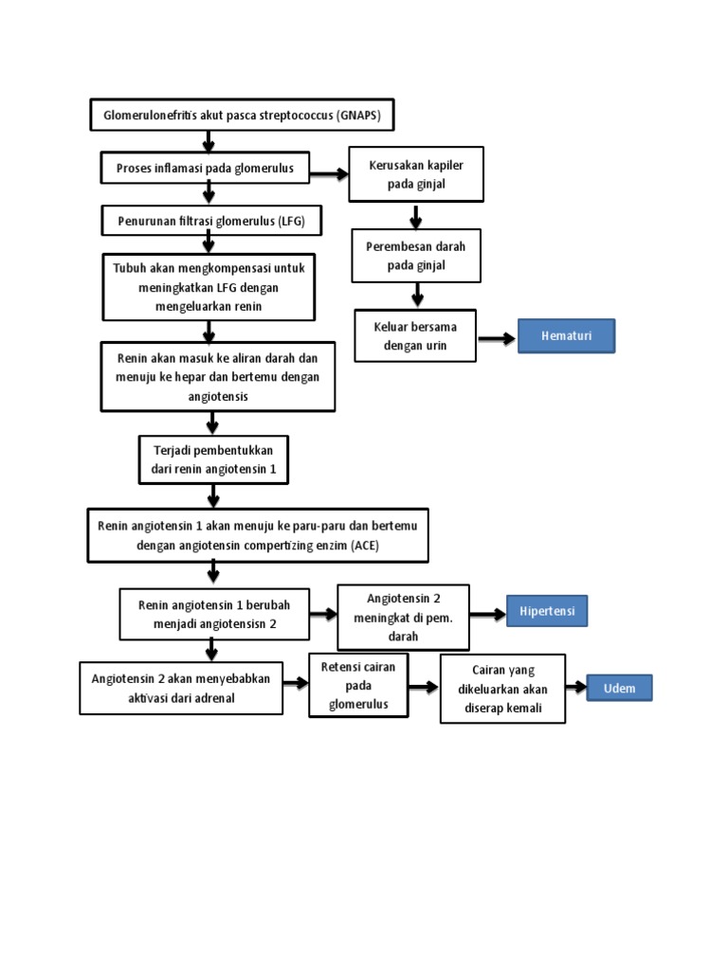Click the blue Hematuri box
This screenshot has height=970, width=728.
click(x=566, y=336)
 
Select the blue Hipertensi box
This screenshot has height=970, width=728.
click(x=547, y=612)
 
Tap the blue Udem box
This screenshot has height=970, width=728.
click(x=620, y=689)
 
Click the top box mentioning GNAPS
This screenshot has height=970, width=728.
click(x=242, y=116)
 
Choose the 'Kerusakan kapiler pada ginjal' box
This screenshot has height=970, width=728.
click(x=416, y=174)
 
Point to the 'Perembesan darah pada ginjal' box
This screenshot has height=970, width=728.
click(x=416, y=256)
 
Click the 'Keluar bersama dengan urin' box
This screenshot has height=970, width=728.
click(x=415, y=336)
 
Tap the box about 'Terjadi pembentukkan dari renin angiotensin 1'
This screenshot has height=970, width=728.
click(x=213, y=459)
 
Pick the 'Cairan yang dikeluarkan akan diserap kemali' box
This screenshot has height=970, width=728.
click(x=502, y=689)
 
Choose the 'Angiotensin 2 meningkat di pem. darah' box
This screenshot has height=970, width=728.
click(x=404, y=617)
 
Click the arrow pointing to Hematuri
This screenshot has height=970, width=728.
click(x=496, y=337)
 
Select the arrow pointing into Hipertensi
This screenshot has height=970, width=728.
click(x=487, y=614)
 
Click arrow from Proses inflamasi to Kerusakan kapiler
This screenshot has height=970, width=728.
click(x=329, y=174)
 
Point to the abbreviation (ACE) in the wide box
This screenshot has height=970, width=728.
click(x=362, y=547)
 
